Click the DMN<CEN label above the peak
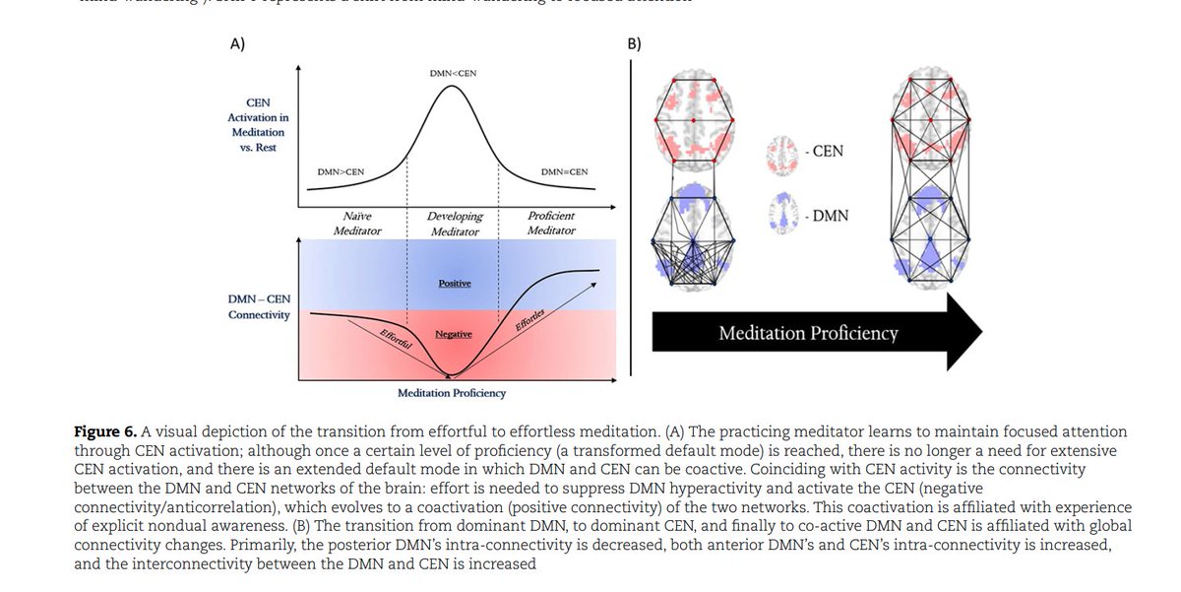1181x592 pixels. point(452,74)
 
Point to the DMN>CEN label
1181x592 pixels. point(341,172)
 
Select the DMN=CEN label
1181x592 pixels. point(565,172)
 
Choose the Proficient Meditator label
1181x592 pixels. point(550,223)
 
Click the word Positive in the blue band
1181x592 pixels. point(454,284)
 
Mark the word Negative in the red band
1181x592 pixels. point(454,335)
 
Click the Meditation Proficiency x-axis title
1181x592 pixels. point(452,393)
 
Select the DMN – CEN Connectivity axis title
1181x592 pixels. point(257,306)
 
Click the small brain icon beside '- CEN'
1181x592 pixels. point(783,154)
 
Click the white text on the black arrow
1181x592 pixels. point(808,333)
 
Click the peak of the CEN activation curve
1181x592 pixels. point(452,87)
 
